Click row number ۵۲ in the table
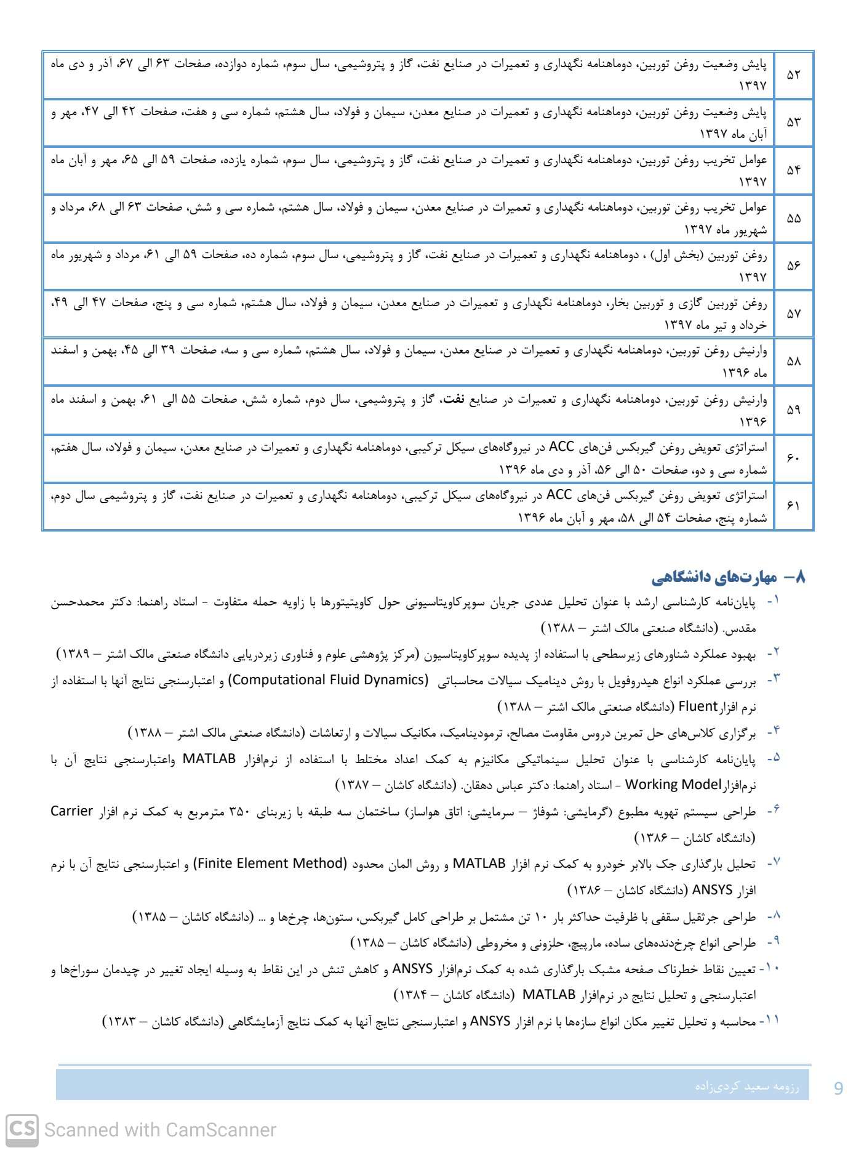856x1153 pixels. click(794, 75)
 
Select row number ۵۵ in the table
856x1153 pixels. click(794, 218)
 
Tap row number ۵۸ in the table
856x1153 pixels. click(794, 362)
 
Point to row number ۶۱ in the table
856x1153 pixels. click(794, 506)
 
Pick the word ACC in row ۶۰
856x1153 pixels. click(561, 447)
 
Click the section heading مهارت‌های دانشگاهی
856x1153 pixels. click(714, 577)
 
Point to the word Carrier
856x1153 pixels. click(71, 811)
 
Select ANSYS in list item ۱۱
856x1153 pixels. click(490, 1021)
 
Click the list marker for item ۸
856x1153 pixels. click(774, 916)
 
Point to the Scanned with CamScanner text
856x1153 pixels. click(160, 1130)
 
